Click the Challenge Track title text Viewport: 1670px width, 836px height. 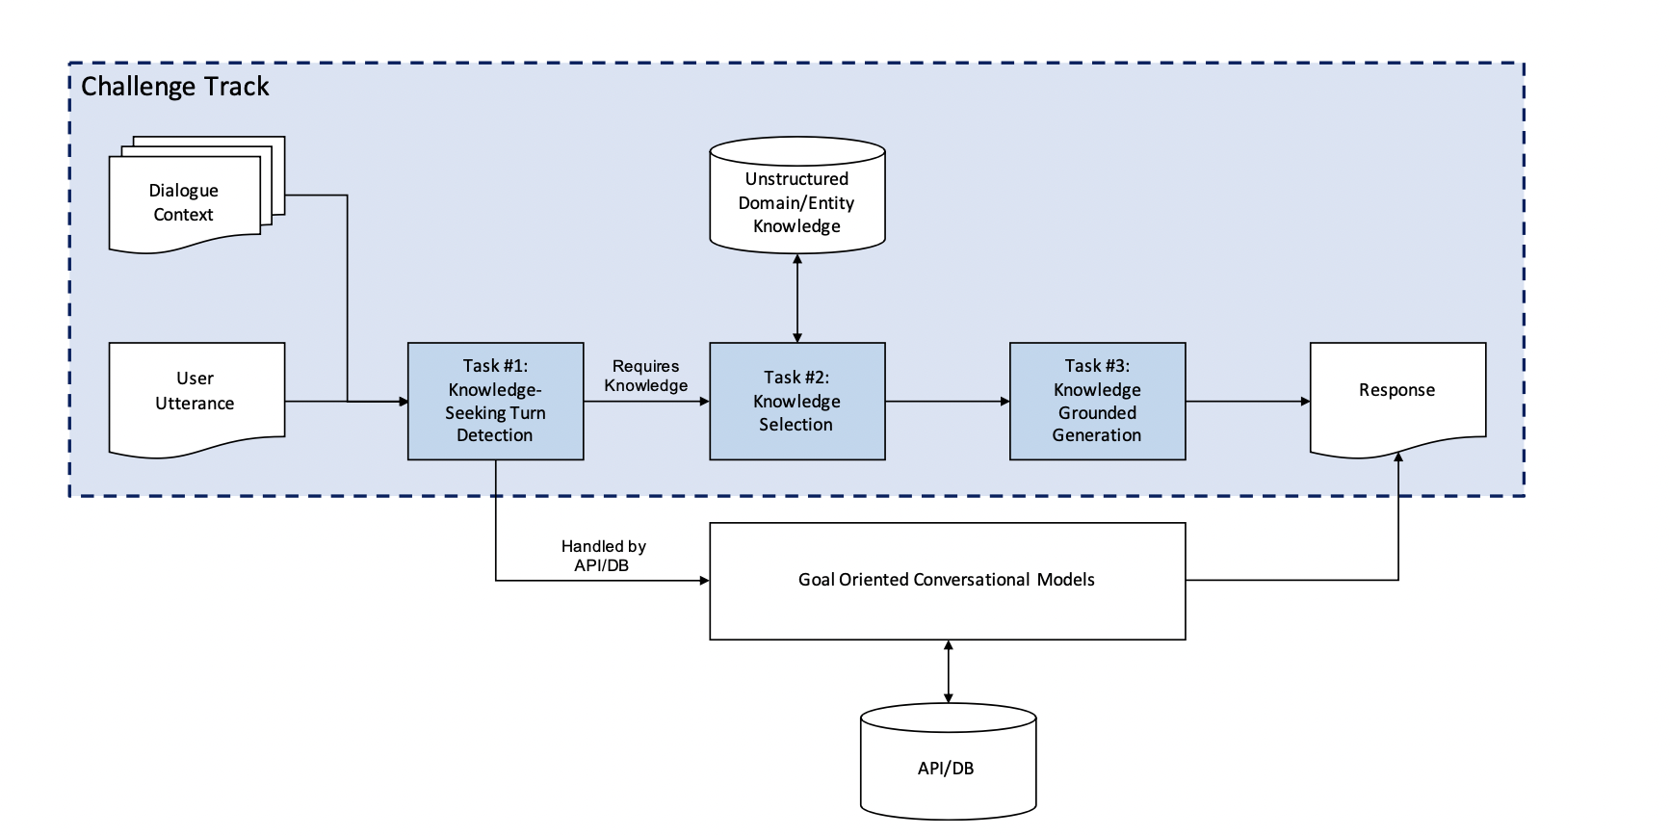coord(174,87)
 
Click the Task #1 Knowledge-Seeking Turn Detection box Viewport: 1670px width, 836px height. coord(495,401)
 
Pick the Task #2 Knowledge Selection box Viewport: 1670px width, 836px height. coord(796,401)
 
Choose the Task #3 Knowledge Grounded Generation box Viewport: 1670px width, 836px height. coord(1097,401)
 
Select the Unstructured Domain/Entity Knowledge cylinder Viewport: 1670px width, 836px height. coord(796,202)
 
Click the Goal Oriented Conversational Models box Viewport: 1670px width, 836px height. coord(947,580)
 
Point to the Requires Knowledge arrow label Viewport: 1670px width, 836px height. coord(645,376)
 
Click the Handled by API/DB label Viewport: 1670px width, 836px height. coord(603,556)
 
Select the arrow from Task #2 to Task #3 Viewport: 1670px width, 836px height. coord(947,401)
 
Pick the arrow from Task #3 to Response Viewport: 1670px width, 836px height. coord(1247,401)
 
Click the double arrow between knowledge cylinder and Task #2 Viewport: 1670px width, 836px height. coord(797,298)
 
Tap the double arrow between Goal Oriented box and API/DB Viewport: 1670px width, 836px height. coord(949,671)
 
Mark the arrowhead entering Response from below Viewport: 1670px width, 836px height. coord(1398,457)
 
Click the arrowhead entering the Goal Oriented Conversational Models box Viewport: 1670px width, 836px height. coord(704,580)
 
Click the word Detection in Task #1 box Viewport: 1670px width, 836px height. coord(494,435)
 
